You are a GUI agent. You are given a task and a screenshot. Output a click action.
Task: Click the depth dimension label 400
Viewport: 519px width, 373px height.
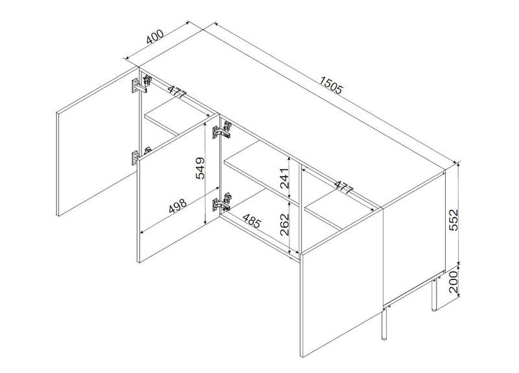tap(155, 37)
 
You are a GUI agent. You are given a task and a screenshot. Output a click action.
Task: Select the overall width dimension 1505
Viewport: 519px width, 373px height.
tap(330, 85)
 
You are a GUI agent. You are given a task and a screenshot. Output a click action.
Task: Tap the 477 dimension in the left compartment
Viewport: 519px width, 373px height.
tap(176, 92)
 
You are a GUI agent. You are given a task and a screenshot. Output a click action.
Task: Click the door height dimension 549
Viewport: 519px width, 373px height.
tap(200, 168)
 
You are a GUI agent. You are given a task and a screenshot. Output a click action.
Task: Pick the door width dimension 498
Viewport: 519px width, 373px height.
tap(178, 206)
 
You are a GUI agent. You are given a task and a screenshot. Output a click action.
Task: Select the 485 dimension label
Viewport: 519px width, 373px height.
tap(252, 221)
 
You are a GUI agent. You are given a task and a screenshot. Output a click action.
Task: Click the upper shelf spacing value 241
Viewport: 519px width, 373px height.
tap(284, 178)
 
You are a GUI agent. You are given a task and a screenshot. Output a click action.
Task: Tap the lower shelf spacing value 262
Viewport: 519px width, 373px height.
tap(284, 224)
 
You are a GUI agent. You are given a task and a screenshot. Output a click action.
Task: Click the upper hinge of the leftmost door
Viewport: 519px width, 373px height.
tap(141, 84)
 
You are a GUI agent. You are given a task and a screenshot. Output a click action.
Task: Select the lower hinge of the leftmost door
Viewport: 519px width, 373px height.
tap(141, 155)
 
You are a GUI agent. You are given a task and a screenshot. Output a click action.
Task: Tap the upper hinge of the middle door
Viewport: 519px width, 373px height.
tap(221, 129)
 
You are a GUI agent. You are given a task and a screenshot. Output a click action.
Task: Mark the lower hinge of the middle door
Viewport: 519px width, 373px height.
tap(222, 202)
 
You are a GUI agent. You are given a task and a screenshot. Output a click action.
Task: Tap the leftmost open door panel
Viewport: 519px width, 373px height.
tap(98, 142)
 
